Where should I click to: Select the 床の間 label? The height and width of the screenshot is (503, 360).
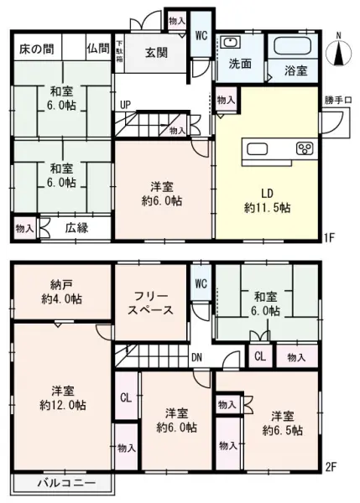(x=36, y=47)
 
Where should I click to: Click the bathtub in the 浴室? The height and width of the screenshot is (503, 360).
(x=293, y=46)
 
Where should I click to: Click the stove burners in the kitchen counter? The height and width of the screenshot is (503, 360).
(x=303, y=148)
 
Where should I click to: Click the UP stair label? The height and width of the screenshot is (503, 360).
(x=125, y=106)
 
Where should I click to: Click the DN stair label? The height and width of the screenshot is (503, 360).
(x=196, y=356)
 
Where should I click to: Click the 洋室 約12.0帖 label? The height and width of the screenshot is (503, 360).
(x=61, y=397)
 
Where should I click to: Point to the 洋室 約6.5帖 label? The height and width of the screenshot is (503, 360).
(x=282, y=423)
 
